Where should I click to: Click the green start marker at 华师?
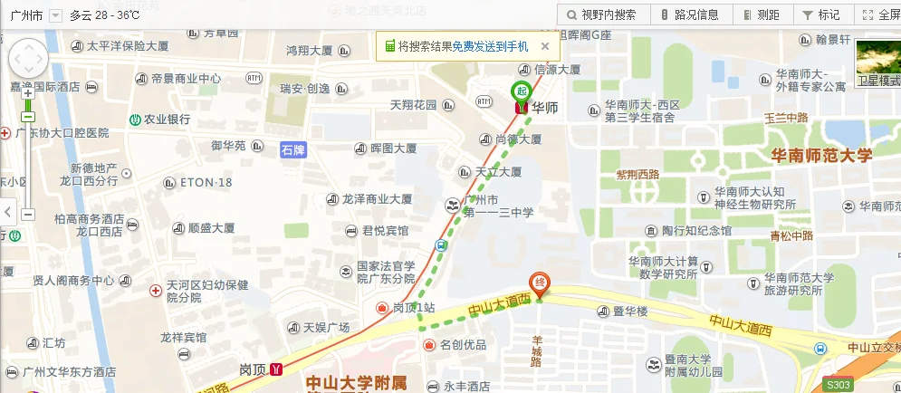pyautogui.click(x=521, y=91)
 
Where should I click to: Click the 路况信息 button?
pyautogui.click(x=690, y=14)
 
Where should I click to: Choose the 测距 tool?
pyautogui.click(x=761, y=14)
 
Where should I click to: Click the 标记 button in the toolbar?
pyautogui.click(x=821, y=14)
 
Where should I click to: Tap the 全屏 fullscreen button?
pyautogui.click(x=881, y=14)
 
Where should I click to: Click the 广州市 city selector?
pyautogui.click(x=32, y=15)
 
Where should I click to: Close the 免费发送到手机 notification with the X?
pyautogui.click(x=545, y=46)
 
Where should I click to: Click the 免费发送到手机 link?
pyautogui.click(x=490, y=46)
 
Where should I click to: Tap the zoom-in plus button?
pyautogui.click(x=28, y=92)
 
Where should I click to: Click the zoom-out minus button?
pyautogui.click(x=28, y=215)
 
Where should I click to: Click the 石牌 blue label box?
pyautogui.click(x=292, y=150)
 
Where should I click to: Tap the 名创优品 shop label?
pyautogui.click(x=462, y=345)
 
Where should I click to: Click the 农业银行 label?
pyautogui.click(x=166, y=120)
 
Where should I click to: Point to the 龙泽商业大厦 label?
pyautogui.click(x=375, y=199)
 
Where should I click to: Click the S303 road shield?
pyautogui.click(x=839, y=385)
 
